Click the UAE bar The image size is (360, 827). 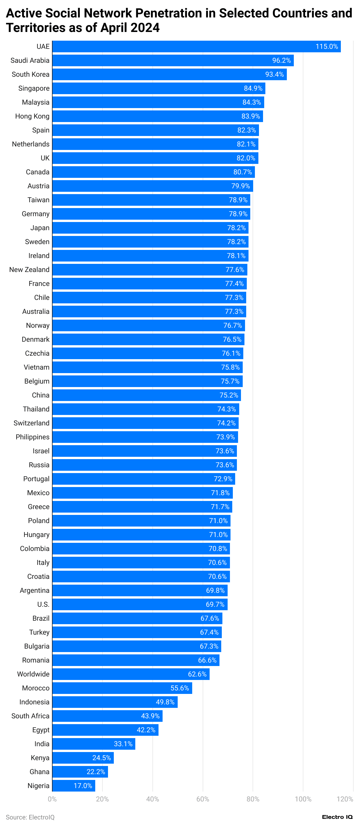196,46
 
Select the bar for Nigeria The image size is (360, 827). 73,785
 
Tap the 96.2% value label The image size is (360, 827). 281,60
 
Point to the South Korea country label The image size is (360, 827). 30,74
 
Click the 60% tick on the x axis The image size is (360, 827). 202,799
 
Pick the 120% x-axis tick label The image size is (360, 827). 345,799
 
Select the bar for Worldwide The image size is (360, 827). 131,674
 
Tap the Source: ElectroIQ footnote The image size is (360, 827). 30,817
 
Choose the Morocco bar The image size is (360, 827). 122,688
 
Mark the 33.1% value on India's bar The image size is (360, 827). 123,744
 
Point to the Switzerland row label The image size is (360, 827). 31,423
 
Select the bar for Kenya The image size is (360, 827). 83,758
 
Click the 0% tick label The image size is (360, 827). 52,799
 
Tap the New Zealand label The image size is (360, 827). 29,269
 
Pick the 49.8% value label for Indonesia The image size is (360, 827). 165,702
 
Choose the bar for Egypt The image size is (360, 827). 105,730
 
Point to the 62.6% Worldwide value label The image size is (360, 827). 197,674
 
